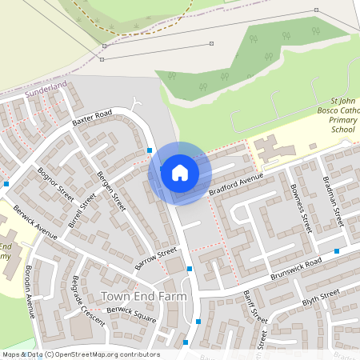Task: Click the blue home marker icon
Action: click(x=179, y=172)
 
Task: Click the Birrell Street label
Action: click(x=82, y=210)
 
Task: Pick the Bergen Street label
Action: click(x=112, y=190)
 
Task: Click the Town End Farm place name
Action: click(x=144, y=296)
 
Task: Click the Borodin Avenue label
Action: click(x=30, y=291)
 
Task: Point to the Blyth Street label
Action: click(x=321, y=298)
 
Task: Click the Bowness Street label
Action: click(x=298, y=209)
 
